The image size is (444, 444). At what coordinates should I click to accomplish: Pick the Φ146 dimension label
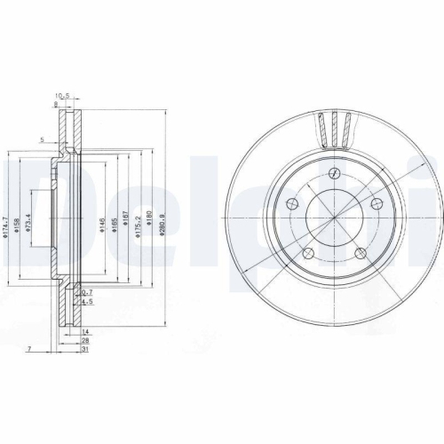(103, 225)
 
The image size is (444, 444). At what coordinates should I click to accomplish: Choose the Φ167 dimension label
(127, 225)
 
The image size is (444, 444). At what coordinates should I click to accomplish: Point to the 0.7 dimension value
(87, 292)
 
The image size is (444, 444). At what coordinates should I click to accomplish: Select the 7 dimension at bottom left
(29, 351)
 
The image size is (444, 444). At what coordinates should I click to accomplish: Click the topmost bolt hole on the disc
(334, 173)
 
